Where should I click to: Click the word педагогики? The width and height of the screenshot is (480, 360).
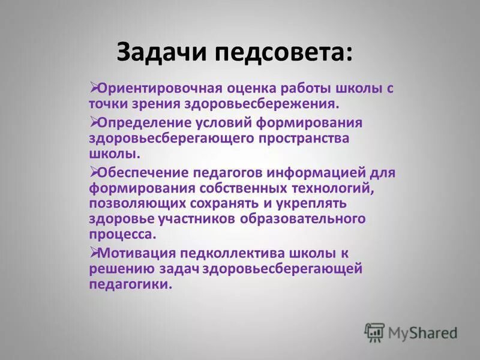(x=130, y=284)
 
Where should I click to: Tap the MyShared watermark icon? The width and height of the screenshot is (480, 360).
(x=374, y=332)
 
